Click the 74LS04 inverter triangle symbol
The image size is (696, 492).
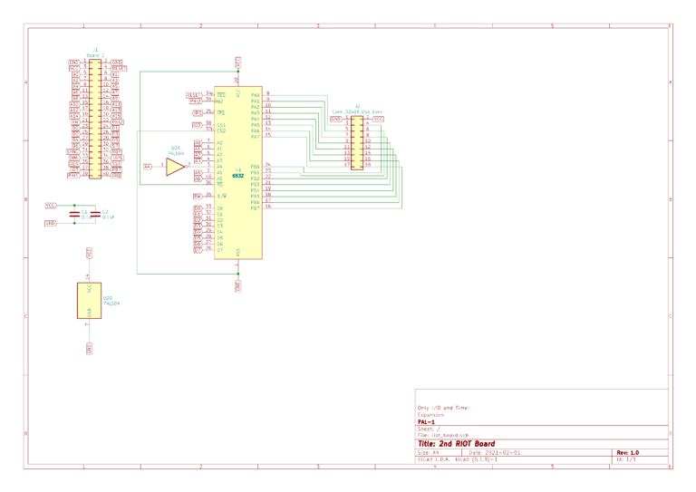pos(173,166)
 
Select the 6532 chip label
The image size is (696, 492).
pos(237,174)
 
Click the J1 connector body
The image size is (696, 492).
pos(94,118)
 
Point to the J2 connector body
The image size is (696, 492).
pos(356,141)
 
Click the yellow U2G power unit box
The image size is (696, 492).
pos(89,299)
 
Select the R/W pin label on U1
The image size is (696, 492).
pos(221,196)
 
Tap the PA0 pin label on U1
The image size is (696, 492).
pos(256,94)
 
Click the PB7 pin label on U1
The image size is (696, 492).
pos(256,207)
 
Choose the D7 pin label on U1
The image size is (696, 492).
pos(220,248)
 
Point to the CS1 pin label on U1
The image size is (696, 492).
pos(221,124)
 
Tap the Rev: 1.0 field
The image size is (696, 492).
pos(628,452)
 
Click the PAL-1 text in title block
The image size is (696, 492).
pos(426,421)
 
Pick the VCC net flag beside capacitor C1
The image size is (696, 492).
pos(51,206)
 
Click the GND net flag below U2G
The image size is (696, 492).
pos(89,347)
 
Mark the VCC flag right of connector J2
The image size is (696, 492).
pos(378,118)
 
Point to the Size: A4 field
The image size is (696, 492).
pos(428,452)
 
